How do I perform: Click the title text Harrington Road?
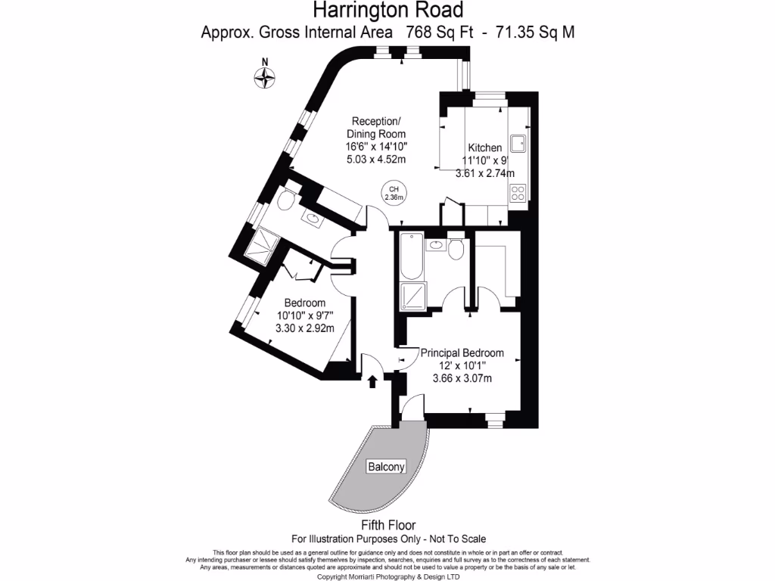click(x=387, y=11)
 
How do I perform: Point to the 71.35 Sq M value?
click(x=538, y=32)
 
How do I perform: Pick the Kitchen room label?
click(x=484, y=148)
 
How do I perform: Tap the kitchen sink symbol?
click(x=518, y=142)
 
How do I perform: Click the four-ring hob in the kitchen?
click(x=518, y=193)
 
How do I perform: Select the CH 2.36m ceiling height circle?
click(x=394, y=193)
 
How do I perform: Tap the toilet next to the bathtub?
click(x=456, y=249)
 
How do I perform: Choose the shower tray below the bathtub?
click(x=412, y=297)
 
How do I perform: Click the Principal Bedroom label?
click(x=462, y=353)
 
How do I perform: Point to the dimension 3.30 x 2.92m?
click(x=304, y=328)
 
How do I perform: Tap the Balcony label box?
click(x=386, y=467)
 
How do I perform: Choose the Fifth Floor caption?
click(x=387, y=525)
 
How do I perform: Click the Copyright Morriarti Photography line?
click(x=387, y=576)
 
